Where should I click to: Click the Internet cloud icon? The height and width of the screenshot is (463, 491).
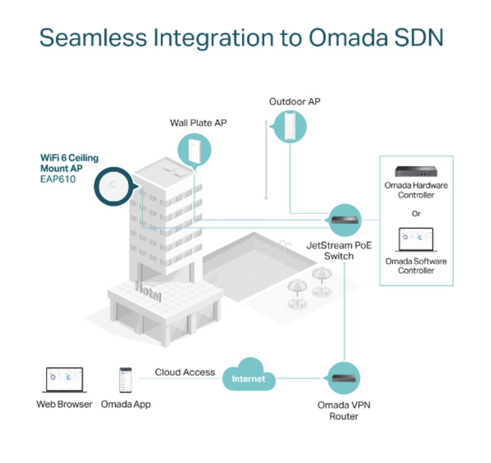point(249,374)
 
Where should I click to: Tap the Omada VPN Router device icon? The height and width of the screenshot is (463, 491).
point(343,378)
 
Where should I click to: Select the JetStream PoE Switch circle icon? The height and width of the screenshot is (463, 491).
point(345,220)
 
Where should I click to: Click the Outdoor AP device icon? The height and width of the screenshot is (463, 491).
point(289,127)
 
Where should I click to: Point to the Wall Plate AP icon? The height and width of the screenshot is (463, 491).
point(195,150)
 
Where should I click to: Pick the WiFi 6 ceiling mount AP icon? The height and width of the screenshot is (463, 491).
point(114,186)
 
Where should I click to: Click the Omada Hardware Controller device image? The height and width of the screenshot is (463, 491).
point(416,172)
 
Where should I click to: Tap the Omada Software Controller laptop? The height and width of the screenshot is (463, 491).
point(416,240)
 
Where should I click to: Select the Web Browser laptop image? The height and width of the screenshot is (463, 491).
point(65,379)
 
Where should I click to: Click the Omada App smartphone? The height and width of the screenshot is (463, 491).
point(125,379)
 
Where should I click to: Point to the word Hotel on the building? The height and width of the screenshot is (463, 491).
point(148,292)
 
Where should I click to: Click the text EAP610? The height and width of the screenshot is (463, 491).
point(58,180)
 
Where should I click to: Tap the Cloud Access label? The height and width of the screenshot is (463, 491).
point(184,372)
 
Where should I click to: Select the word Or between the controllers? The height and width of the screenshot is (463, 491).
point(416,214)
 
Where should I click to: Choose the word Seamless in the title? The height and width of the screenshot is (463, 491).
point(93,37)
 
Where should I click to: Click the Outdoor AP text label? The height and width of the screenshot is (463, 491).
point(295,102)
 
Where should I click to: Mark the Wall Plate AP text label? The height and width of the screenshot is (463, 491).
point(198,123)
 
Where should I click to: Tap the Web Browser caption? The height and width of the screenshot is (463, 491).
point(65,404)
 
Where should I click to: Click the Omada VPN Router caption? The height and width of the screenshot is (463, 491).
point(344,411)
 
